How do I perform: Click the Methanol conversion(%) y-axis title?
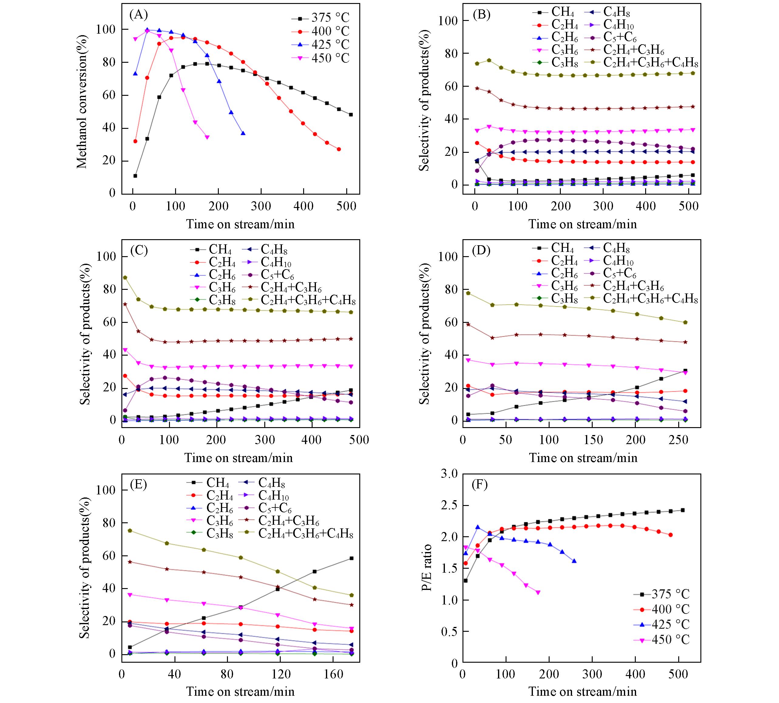[x=82, y=102]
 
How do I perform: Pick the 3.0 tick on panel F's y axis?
[x=450, y=474]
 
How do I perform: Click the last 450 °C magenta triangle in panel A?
[x=207, y=137]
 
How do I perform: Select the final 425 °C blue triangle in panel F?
[x=574, y=561]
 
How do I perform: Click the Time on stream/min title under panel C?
[x=239, y=458]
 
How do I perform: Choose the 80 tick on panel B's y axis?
[x=450, y=53]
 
